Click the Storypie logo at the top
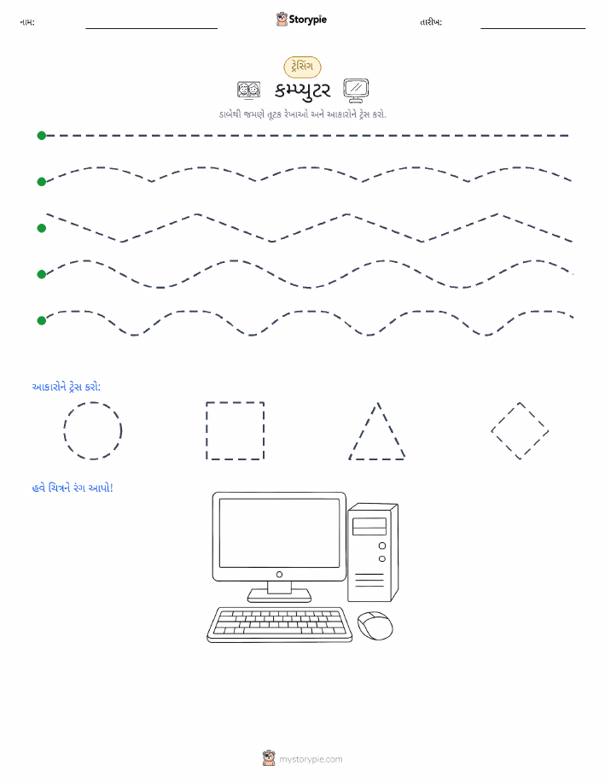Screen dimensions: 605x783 [x=301, y=20]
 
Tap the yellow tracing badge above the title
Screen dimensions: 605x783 [x=302, y=67]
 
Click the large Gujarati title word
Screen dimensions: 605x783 [x=302, y=91]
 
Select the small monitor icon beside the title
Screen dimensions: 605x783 [x=356, y=91]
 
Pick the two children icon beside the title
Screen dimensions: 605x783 [x=248, y=91]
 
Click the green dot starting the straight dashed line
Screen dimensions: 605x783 [x=42, y=135]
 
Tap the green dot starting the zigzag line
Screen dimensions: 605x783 [x=42, y=228]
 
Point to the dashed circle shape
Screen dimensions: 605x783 [x=64, y=430]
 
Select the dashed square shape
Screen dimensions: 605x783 [x=207, y=430]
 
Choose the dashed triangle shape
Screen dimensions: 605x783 [x=363, y=430]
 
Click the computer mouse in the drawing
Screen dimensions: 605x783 [x=375, y=626]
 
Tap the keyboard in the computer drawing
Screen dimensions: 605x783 [x=280, y=625]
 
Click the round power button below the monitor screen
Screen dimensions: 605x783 [x=280, y=575]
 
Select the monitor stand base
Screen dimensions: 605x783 [x=280, y=595]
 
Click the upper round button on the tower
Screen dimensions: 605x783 [x=382, y=546]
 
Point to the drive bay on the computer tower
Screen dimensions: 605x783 [x=369, y=526]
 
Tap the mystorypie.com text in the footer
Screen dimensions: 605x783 [x=311, y=759]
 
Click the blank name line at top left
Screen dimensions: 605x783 [x=151, y=28]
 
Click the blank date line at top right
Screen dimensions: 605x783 [x=533, y=28]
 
